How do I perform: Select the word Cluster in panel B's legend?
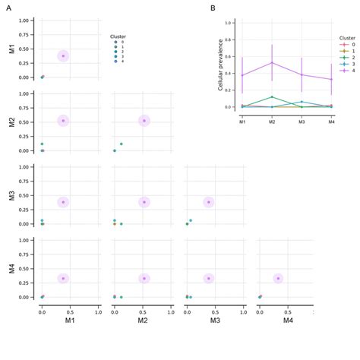coord(346,37)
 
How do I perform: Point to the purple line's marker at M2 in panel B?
coord(272,63)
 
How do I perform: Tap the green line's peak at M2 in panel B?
coord(272,96)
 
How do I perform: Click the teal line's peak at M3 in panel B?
coord(302,102)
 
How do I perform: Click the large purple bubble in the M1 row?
coord(64,55)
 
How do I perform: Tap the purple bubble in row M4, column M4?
coord(278,279)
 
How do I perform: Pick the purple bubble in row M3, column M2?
coord(144,202)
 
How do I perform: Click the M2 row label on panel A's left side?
coord(11,122)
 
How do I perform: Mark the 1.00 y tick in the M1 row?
coord(24,21)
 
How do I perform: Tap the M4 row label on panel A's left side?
coord(11,269)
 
